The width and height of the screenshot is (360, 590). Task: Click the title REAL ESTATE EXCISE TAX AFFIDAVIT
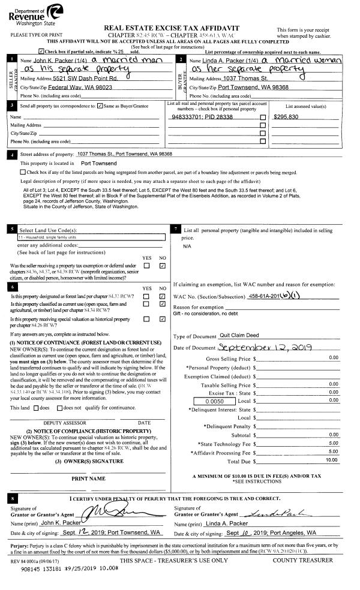coord(172,28)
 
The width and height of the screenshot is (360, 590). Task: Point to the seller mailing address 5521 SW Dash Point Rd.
coord(77,79)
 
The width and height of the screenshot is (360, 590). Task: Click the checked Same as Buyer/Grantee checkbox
coord(100,106)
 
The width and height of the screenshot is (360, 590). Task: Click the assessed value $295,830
coord(287,117)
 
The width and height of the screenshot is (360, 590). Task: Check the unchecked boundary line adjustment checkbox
coord(23,172)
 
